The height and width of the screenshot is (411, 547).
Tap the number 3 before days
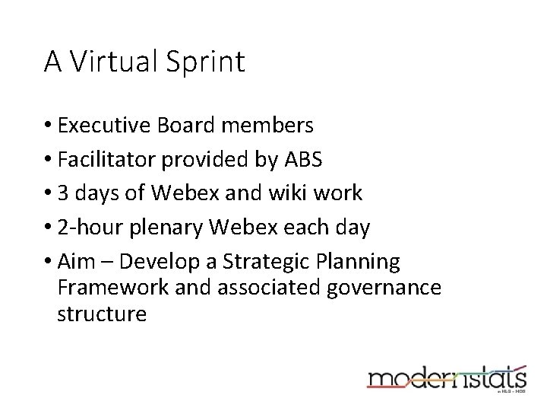tap(63, 193)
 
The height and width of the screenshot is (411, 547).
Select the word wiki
tap(286, 193)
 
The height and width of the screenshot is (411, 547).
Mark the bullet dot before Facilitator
tap(48, 159)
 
